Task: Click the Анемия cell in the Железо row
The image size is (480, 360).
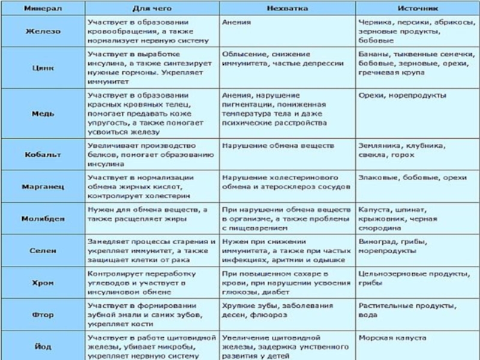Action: click(x=236, y=22)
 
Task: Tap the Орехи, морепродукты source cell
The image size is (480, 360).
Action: click(x=402, y=95)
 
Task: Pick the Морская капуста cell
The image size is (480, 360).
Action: click(x=392, y=338)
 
